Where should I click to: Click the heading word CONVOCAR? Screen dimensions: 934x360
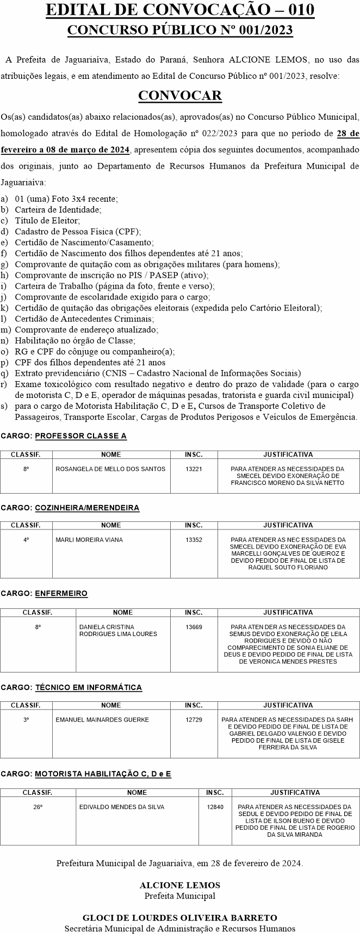pos(180,96)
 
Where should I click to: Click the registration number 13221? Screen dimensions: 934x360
pos(194,469)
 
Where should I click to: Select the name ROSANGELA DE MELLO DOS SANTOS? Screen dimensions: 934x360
pos(110,469)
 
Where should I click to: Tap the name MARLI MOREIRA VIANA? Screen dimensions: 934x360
pos(89,540)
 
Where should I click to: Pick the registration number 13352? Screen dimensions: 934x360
pos(194,540)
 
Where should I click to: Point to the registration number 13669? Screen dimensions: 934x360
pos(194,627)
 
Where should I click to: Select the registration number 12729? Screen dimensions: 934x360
pos(194,719)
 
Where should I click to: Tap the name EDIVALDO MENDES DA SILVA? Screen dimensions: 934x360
pos(122,807)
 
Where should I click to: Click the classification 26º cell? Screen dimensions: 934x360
pos(38,807)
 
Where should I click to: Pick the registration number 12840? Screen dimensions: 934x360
pos(215,807)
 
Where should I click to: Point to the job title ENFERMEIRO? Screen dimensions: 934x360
pos(61,594)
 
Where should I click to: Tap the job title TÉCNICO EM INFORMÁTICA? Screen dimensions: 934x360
pos(88,687)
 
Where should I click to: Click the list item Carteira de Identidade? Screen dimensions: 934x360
pos(58,209)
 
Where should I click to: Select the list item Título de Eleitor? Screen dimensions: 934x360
pos(47,220)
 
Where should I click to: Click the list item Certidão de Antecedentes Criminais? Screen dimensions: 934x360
pos(84,319)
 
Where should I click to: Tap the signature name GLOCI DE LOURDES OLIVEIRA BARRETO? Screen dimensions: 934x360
pos(180,918)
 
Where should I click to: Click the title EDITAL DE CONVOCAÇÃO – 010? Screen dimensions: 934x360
pos(180,10)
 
